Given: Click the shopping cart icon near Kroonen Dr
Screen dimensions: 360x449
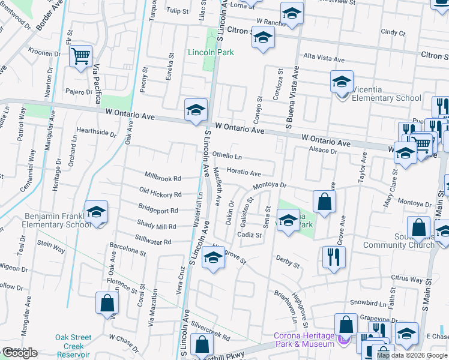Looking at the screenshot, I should point(80,57).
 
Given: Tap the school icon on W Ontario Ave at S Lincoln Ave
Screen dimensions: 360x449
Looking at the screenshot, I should point(196,110).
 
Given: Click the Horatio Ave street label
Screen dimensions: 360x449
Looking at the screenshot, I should point(244,173).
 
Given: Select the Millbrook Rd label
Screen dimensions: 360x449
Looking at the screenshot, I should point(163,179).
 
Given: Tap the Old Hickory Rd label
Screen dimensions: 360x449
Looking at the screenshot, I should point(160,194).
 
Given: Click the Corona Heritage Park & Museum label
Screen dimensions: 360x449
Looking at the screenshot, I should point(304,340).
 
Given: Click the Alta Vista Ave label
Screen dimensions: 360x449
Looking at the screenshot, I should point(324,59).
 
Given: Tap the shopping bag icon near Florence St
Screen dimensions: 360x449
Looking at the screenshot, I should point(106,304).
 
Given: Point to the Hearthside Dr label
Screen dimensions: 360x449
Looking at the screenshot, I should point(96,132).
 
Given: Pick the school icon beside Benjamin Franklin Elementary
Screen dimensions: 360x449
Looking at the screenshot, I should point(96,212).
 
